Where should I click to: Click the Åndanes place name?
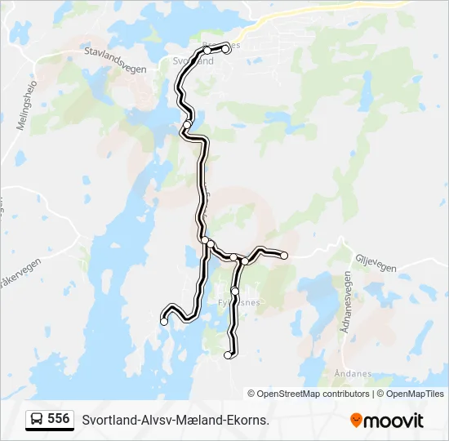pos(353,374)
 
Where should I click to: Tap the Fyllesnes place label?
pos(238,302)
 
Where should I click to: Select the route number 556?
pos(58,419)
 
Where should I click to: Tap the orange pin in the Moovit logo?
pos(356,420)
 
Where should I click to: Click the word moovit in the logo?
pos(393,421)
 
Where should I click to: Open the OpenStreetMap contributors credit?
pos(313,394)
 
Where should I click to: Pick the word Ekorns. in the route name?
pos(248,420)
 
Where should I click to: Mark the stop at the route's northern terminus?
pos(225,48)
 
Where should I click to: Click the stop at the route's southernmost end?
pos(228,354)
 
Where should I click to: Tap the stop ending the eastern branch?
pos(285,256)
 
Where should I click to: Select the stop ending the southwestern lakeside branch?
pos(164,322)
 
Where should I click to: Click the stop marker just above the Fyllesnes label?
pos(235,291)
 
